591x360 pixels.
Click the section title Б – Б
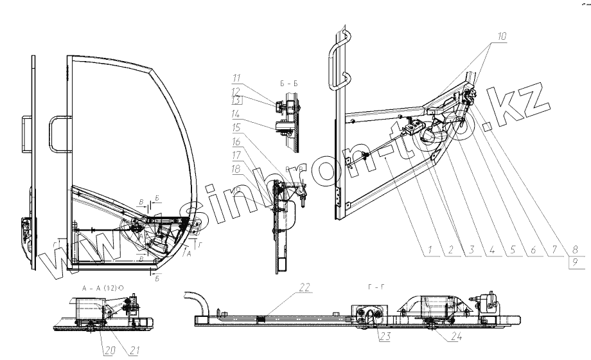[287, 84]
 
